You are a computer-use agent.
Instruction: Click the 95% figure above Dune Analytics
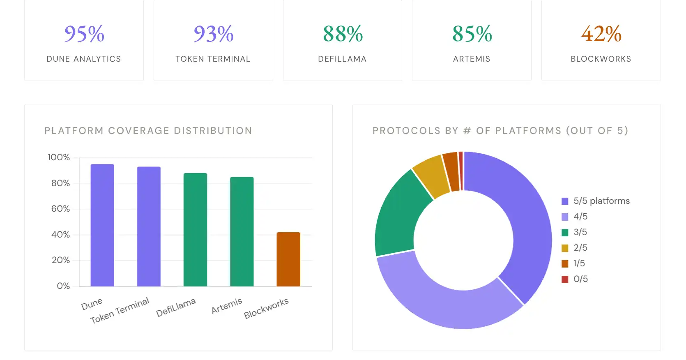coord(84,34)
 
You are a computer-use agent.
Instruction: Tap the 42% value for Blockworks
coord(601,34)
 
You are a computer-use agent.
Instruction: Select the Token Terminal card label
coord(213,59)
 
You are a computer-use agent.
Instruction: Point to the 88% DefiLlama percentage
coord(343,34)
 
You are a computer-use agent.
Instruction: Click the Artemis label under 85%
coord(472,59)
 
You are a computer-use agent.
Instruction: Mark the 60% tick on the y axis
coord(60,209)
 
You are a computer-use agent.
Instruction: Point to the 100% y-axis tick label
coord(59,157)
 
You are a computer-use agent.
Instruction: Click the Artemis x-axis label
coord(227,306)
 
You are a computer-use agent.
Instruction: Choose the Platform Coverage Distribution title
coord(148,131)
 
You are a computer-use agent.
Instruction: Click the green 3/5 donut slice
coord(396,214)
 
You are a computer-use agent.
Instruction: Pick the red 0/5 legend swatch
coord(565,279)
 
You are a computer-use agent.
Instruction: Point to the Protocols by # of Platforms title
coord(500,131)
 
